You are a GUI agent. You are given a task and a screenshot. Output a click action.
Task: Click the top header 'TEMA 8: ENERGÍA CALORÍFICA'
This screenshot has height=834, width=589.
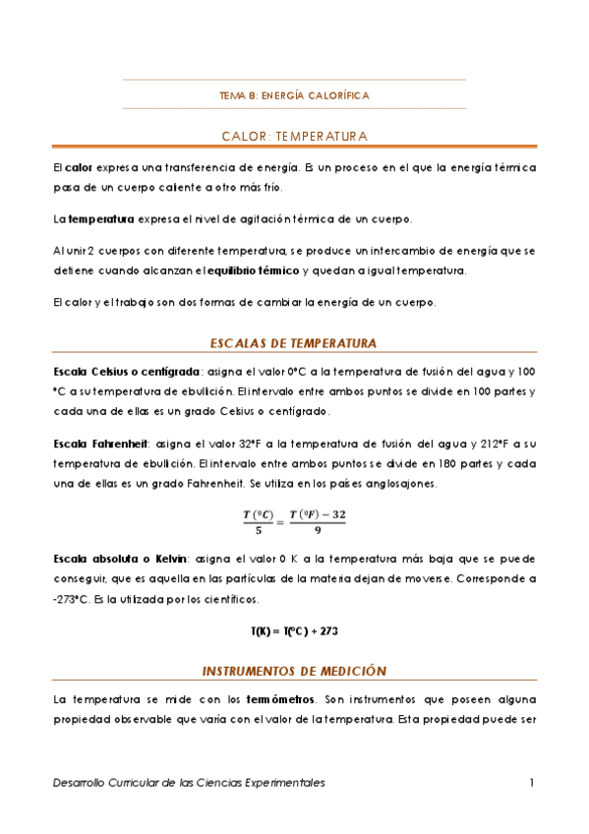tap(294, 95)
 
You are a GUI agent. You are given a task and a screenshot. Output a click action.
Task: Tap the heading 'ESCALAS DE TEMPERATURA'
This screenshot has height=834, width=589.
tap(294, 343)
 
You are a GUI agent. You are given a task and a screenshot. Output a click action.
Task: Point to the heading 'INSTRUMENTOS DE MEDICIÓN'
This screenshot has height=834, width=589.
tap(294, 671)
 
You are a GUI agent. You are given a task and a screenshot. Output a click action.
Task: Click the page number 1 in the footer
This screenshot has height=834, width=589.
tap(531, 783)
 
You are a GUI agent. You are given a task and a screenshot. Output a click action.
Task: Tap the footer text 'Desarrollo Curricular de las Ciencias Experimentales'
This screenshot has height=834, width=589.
tap(189, 783)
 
